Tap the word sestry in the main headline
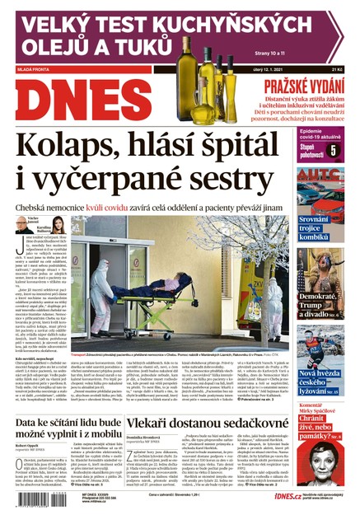[x=227, y=183]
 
